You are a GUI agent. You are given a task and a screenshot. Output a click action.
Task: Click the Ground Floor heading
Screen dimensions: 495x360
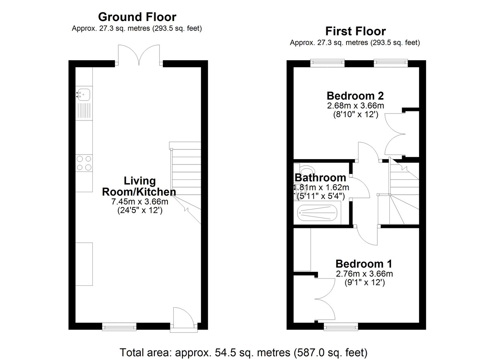click(x=137, y=17)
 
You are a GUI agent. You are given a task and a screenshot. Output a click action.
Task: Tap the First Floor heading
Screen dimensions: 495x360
click(x=356, y=31)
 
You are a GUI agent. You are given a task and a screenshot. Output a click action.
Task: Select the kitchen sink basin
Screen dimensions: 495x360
click(x=83, y=94)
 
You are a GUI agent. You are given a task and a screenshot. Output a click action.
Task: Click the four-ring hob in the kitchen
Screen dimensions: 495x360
click(x=84, y=163)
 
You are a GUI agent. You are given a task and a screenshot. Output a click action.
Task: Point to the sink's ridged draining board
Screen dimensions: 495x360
click(x=84, y=111)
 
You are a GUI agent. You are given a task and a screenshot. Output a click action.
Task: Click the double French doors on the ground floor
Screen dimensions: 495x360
click(x=139, y=55)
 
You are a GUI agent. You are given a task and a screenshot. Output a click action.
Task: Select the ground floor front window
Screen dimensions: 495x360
click(x=119, y=327)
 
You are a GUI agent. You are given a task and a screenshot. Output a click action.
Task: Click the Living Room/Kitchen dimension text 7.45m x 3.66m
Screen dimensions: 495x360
click(x=140, y=202)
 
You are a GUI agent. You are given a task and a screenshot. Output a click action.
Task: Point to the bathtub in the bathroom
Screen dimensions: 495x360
click(x=317, y=213)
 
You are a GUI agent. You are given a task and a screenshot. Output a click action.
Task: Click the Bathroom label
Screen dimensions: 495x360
click(x=321, y=178)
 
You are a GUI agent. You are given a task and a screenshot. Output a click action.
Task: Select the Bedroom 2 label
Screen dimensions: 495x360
click(x=355, y=96)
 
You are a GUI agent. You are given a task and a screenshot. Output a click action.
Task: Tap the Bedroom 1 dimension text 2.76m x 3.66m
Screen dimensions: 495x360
click(x=364, y=274)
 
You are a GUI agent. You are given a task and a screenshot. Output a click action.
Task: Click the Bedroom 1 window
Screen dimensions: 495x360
click(x=341, y=327)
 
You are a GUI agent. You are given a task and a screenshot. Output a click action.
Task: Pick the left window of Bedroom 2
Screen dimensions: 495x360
click(x=328, y=63)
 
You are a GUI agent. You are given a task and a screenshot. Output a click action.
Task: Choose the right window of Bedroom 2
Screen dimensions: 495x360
click(x=391, y=63)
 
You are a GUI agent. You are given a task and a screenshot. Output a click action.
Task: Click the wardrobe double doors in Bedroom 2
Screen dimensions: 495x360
click(x=395, y=134)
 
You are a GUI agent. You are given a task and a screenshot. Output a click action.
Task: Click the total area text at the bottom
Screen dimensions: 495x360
click(x=243, y=352)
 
